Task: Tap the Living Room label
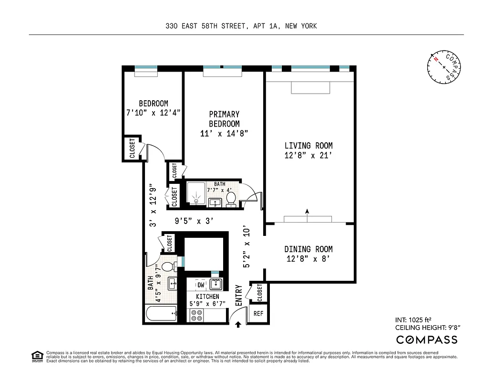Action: (308, 146)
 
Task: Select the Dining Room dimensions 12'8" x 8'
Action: (308, 259)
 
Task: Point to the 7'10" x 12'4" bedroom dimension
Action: (153, 113)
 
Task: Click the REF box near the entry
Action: (258, 314)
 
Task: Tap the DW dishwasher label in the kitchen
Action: (201, 285)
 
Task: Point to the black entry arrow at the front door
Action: (238, 325)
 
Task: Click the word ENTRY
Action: (239, 296)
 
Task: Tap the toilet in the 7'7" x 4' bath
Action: (231, 198)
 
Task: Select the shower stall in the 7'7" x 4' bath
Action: (196, 195)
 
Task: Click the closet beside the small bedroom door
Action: (132, 149)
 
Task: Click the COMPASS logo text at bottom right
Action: (427, 340)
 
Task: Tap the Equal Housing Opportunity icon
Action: (36, 356)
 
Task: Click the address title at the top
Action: (241, 26)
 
